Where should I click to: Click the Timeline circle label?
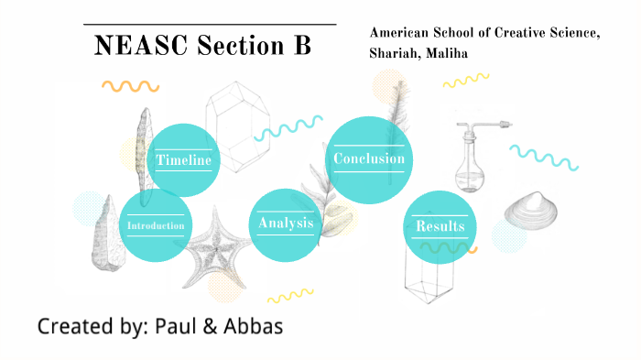184,160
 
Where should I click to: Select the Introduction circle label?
156,225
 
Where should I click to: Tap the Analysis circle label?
286,223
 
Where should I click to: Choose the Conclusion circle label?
368,158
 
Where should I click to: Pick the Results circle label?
440,225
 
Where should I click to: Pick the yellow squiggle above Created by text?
290,296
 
